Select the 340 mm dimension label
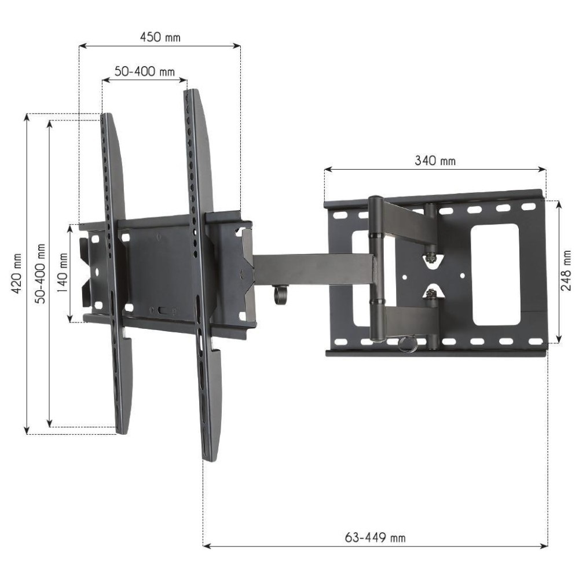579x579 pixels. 435,161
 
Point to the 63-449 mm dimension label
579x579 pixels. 375,537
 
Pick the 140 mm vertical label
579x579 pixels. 61,273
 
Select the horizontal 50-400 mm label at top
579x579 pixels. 144,72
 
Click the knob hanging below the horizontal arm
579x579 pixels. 281,295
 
